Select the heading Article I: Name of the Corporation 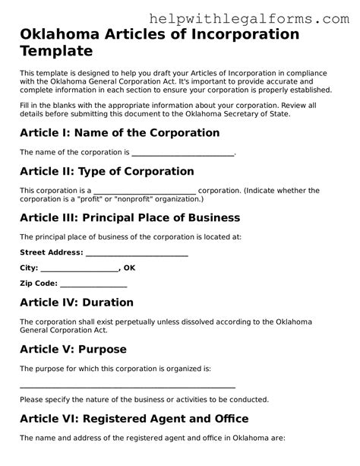click(x=119, y=132)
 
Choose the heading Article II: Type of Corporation click(x=106, y=171)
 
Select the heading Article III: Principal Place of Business click(x=129, y=217)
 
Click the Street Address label click(x=51, y=252)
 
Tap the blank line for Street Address click(x=137, y=253)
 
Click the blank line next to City click(x=79, y=268)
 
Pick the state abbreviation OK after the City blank click(x=129, y=268)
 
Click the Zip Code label click(x=38, y=284)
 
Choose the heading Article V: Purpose click(x=73, y=349)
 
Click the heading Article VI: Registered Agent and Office click(x=134, y=418)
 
